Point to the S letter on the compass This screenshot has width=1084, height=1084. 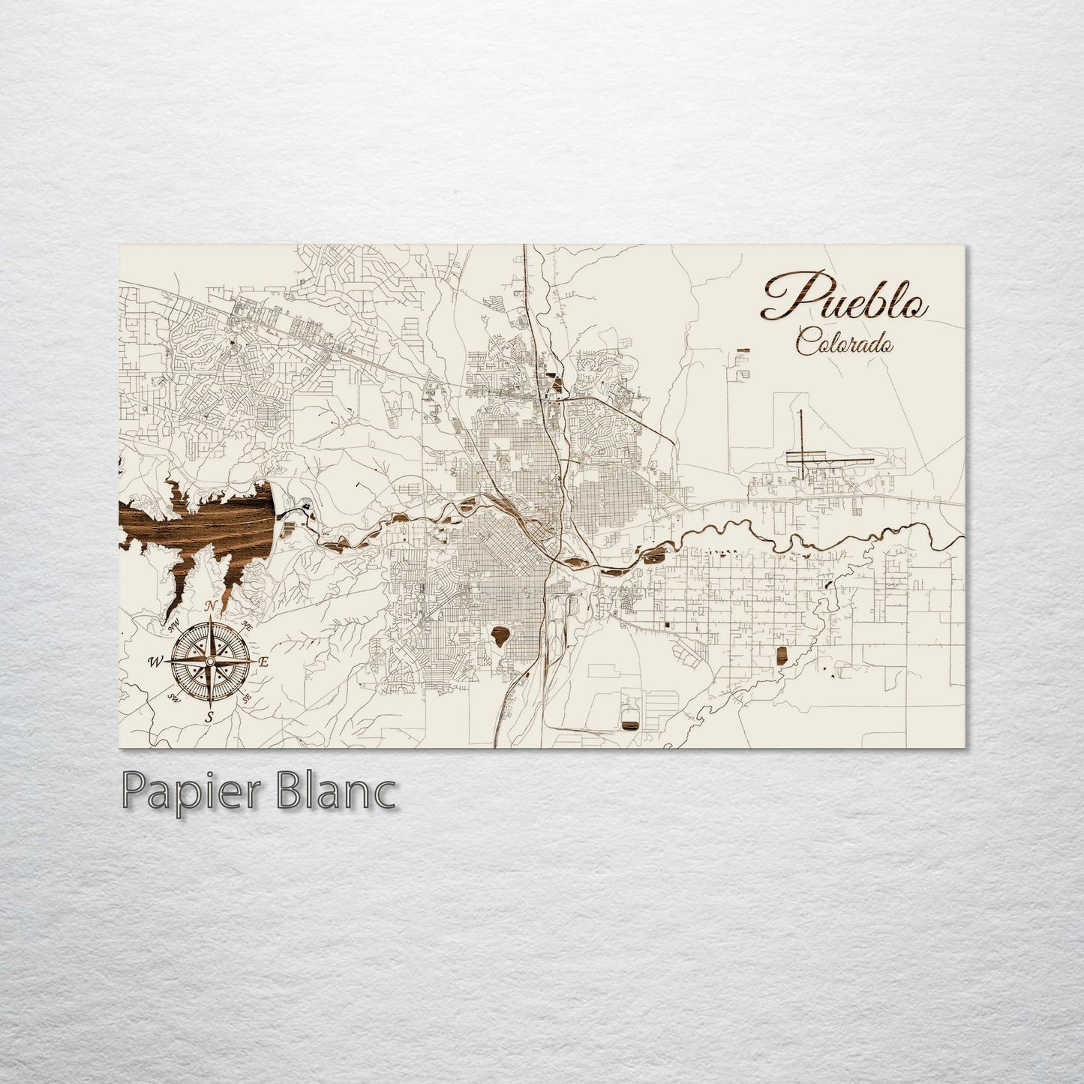coord(210,716)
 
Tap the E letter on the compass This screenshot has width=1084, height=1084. coord(263,662)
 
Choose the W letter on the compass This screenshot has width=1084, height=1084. coord(156,662)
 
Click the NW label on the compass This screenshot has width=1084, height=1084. coord(174,624)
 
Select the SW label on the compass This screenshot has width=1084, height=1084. coord(175,699)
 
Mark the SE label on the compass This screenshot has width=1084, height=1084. coord(247,698)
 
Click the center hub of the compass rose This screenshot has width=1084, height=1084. coord(210,662)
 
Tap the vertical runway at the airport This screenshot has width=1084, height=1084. coord(801,439)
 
